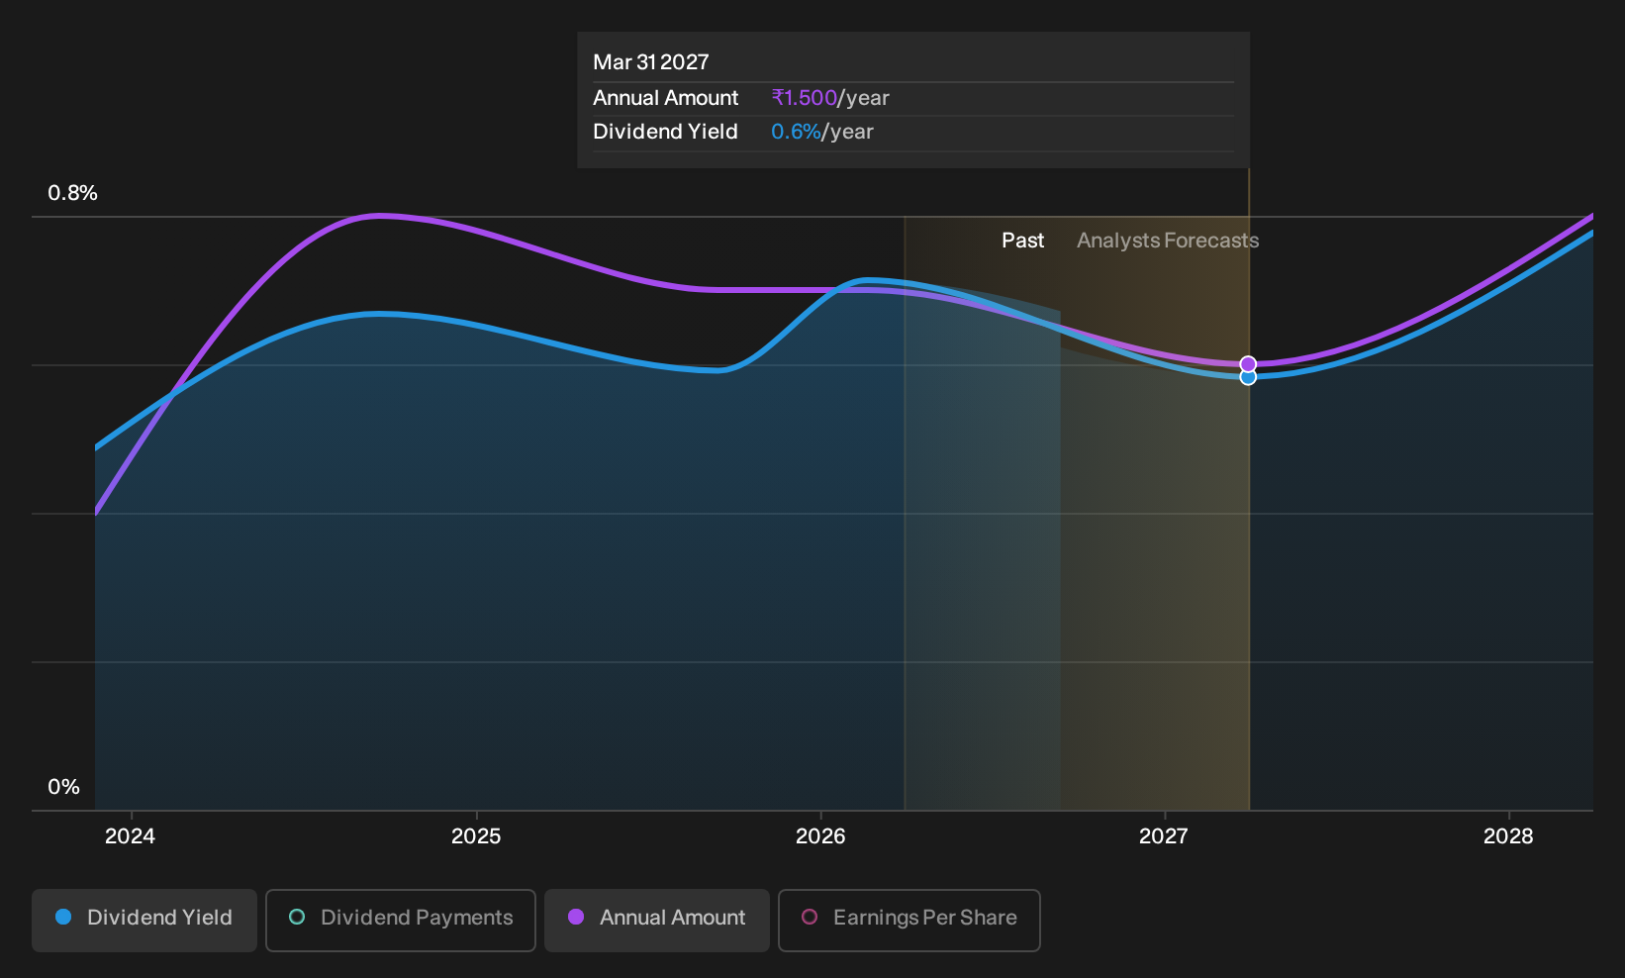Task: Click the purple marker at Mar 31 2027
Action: (x=1248, y=364)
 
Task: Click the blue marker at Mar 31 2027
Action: (x=1248, y=377)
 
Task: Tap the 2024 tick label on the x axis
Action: (x=131, y=836)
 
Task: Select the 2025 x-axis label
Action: (x=476, y=836)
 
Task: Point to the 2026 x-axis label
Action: (x=820, y=836)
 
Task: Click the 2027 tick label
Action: (x=1164, y=836)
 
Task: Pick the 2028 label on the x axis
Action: (x=1508, y=836)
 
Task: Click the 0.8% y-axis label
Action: (x=72, y=193)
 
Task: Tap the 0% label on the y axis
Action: (x=64, y=787)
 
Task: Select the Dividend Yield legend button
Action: (x=144, y=920)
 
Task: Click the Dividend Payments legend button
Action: (x=401, y=920)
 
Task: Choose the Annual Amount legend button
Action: (x=656, y=920)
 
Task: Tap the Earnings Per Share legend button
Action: (x=908, y=920)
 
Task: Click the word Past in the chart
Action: (x=1023, y=241)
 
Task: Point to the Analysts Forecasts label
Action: (x=1167, y=241)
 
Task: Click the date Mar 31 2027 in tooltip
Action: (x=651, y=62)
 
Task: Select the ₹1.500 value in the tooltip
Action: (x=805, y=97)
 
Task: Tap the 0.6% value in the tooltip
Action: (x=796, y=132)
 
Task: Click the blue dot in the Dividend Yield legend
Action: (x=64, y=917)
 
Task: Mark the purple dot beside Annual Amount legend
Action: (x=576, y=917)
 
